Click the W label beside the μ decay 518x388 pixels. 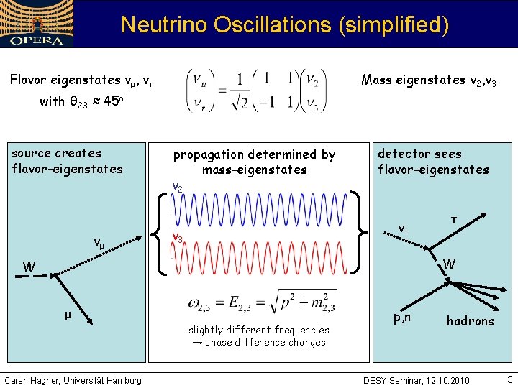(29, 267)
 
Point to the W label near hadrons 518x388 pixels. (449, 264)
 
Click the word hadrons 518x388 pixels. (470, 321)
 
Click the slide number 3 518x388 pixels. (509, 379)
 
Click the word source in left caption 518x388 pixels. (32, 153)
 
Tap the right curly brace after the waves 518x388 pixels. (358, 231)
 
